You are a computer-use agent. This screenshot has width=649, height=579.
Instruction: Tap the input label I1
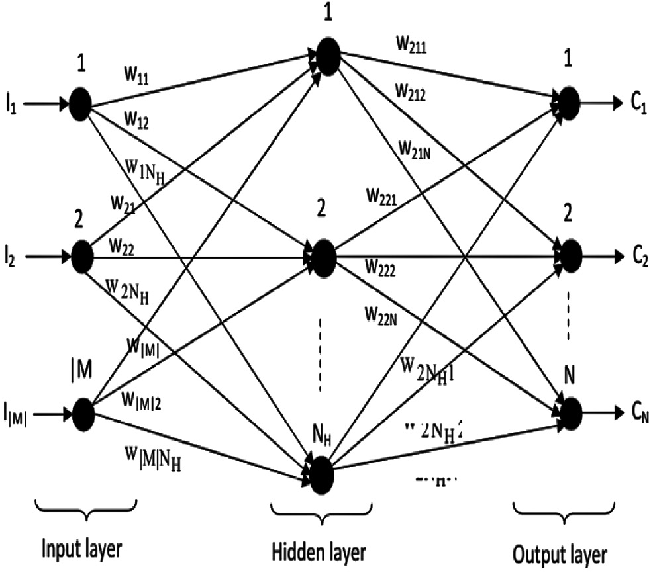point(11,105)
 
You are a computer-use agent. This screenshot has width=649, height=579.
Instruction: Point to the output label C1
point(631,104)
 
